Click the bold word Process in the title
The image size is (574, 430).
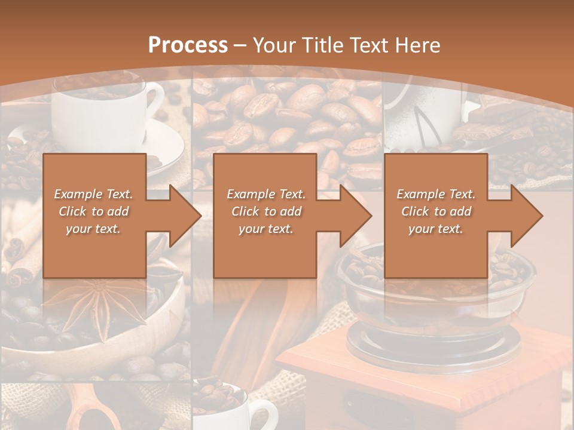click(188, 45)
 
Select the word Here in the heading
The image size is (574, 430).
click(419, 45)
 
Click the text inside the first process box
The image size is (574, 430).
click(94, 211)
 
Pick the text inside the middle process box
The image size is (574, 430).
click(265, 211)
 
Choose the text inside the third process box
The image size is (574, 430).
click(436, 211)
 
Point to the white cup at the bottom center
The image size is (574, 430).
click(239, 409)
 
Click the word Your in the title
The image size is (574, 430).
click(273, 45)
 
